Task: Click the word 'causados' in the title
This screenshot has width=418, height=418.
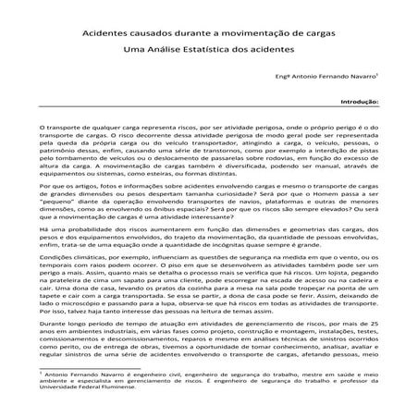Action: coord(164,30)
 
